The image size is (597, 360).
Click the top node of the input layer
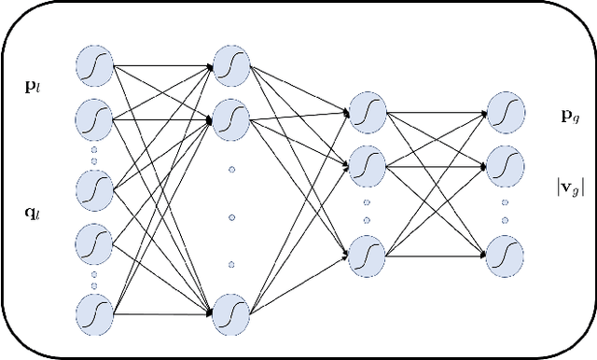click(x=95, y=68)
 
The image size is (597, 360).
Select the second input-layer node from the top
click(x=95, y=119)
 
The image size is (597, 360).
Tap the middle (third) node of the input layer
click(x=95, y=190)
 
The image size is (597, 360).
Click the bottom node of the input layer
click(x=95, y=312)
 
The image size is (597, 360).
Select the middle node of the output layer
click(x=505, y=167)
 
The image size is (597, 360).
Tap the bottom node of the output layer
click(x=505, y=254)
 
